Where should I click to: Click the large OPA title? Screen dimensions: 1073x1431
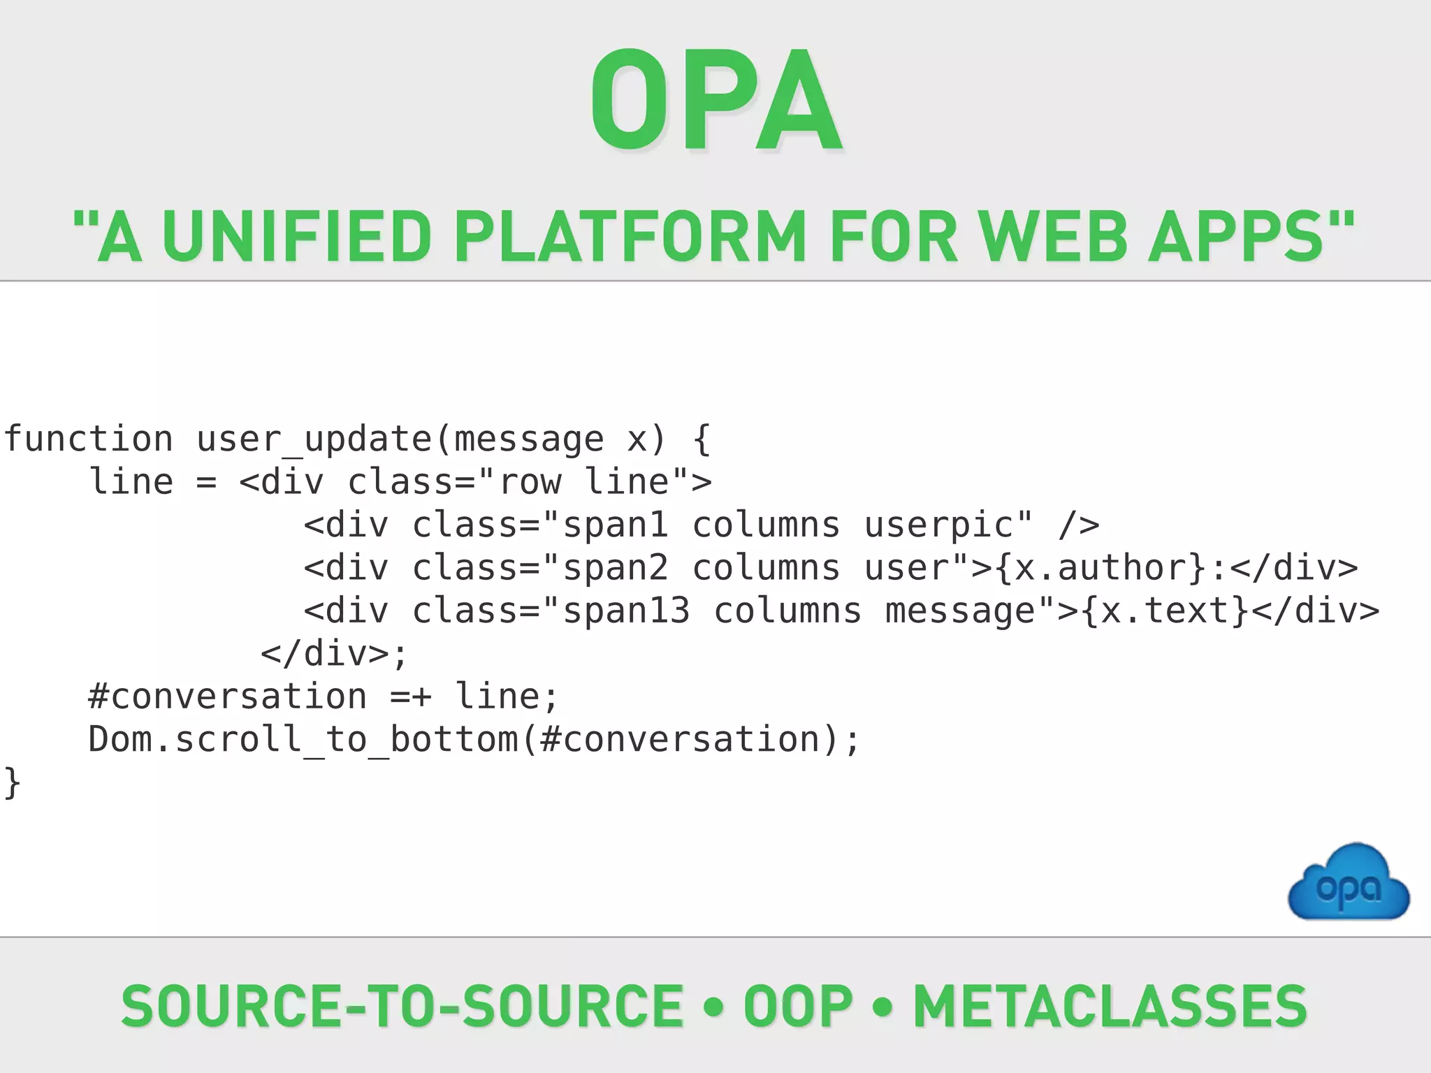716,101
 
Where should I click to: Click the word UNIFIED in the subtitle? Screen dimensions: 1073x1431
297,238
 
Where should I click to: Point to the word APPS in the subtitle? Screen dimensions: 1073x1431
1237,238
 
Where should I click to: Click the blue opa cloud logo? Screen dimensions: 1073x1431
1349,884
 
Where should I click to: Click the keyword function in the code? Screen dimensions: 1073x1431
89,439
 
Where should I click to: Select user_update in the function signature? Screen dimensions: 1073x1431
314,439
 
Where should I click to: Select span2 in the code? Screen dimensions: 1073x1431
616,568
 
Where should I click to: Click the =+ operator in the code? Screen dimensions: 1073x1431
411,696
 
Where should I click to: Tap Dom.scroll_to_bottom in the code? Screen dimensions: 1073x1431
303,739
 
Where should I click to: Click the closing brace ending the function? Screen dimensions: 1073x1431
13,782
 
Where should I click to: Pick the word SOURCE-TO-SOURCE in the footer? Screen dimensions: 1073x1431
402,1006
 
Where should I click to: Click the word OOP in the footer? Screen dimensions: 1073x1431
798,1006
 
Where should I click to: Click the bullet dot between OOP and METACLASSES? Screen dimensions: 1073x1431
883,1007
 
